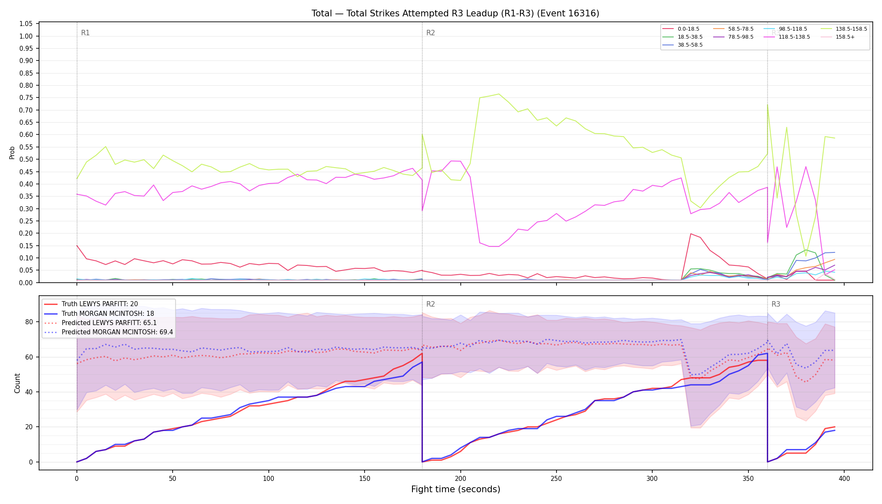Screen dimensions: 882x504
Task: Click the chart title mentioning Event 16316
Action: [455, 13]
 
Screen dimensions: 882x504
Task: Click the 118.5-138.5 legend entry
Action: [793, 37]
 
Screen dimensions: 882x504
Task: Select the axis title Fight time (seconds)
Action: [456, 489]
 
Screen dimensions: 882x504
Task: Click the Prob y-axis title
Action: [12, 152]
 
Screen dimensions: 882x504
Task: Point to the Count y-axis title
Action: [17, 383]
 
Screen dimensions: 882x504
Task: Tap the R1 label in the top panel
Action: [85, 33]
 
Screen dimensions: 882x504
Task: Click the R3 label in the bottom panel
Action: [776, 304]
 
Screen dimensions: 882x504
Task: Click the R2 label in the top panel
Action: [430, 33]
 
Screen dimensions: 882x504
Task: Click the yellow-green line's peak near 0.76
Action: [499, 94]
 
